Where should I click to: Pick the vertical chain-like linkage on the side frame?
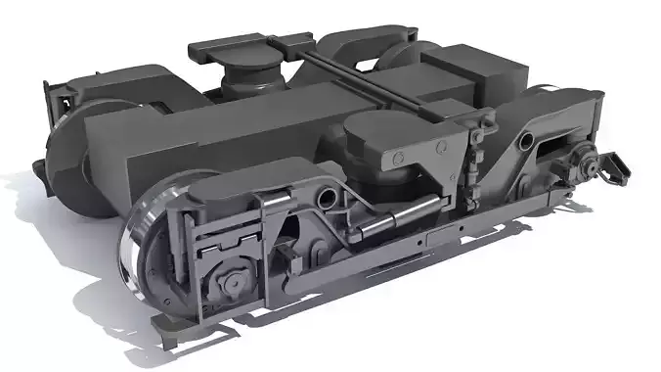tap(474, 157)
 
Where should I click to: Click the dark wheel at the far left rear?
tap(65, 147)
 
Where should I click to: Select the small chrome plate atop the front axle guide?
tap(275, 201)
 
